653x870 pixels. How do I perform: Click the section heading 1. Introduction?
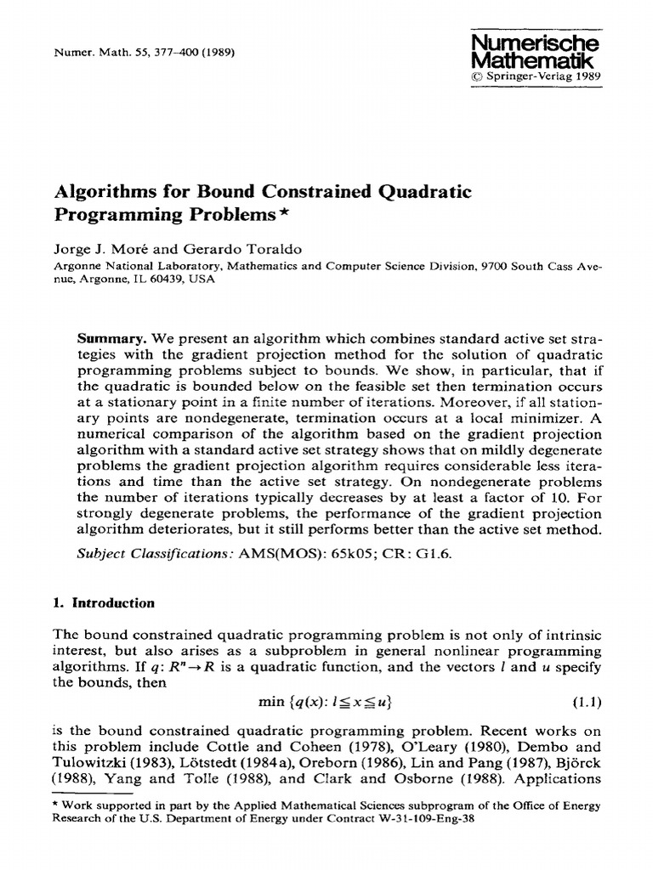coord(104,603)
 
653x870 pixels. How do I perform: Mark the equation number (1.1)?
coord(583,702)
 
